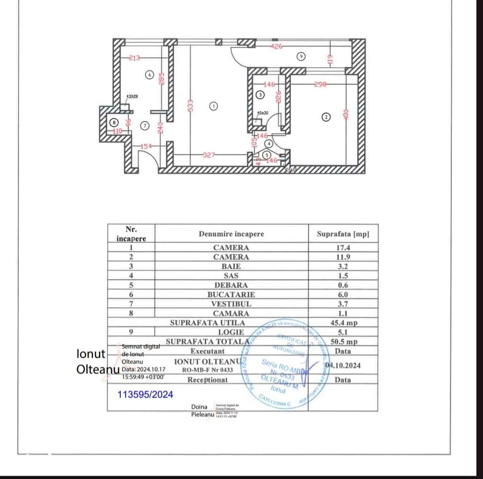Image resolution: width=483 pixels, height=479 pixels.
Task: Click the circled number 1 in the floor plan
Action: [x=214, y=106]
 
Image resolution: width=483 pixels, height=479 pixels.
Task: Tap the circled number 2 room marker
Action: [x=326, y=116]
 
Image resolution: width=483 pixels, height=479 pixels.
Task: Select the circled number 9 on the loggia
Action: [x=301, y=57]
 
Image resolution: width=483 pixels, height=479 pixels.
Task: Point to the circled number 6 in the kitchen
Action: [x=149, y=75]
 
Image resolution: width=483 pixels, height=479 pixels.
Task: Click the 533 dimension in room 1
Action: [x=190, y=105]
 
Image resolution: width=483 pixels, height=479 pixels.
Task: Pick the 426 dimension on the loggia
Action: [x=276, y=47]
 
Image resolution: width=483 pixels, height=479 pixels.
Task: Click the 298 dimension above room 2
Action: [x=321, y=84]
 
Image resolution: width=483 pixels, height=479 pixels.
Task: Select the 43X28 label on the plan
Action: [x=132, y=96]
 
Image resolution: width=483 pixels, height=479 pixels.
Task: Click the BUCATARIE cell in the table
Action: [x=231, y=295]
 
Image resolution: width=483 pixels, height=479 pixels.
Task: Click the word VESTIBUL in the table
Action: [x=231, y=304]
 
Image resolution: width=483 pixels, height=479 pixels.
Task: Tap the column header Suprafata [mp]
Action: [x=343, y=235]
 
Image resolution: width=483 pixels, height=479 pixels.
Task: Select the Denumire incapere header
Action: [x=231, y=234]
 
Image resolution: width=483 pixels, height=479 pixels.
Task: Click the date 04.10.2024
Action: [x=343, y=365]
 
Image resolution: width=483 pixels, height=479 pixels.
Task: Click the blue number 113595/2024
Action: [x=146, y=395]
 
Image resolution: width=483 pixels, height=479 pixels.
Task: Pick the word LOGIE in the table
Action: [x=231, y=332]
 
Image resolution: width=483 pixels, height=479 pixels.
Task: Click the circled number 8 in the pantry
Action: [x=113, y=122]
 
